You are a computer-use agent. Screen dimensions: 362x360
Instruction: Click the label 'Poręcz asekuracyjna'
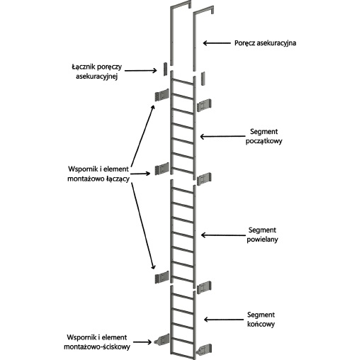click(265, 43)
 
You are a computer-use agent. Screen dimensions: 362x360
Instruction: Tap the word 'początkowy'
click(264, 141)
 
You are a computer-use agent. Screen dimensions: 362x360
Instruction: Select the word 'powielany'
click(262, 240)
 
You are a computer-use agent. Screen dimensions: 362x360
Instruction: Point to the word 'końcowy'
click(261, 324)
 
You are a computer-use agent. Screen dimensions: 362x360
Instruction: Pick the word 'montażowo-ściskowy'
click(97, 347)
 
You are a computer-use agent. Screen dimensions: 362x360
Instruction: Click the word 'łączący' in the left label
click(118, 179)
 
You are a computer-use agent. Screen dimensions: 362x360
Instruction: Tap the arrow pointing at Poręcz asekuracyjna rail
click(217, 43)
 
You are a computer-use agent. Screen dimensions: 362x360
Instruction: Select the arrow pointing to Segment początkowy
click(222, 136)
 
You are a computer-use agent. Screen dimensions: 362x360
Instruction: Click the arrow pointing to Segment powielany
click(223, 235)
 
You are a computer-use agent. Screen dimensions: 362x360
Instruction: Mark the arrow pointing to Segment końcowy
click(224, 320)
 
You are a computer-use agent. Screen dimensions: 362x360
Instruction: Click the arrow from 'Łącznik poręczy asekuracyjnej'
click(141, 70)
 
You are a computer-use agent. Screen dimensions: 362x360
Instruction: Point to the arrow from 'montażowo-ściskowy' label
click(142, 342)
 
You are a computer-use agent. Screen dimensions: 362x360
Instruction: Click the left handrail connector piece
click(165, 69)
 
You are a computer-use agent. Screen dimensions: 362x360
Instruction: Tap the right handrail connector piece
click(203, 78)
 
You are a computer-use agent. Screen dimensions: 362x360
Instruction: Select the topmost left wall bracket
click(162, 95)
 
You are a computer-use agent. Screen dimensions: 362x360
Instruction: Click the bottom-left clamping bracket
click(162, 340)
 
